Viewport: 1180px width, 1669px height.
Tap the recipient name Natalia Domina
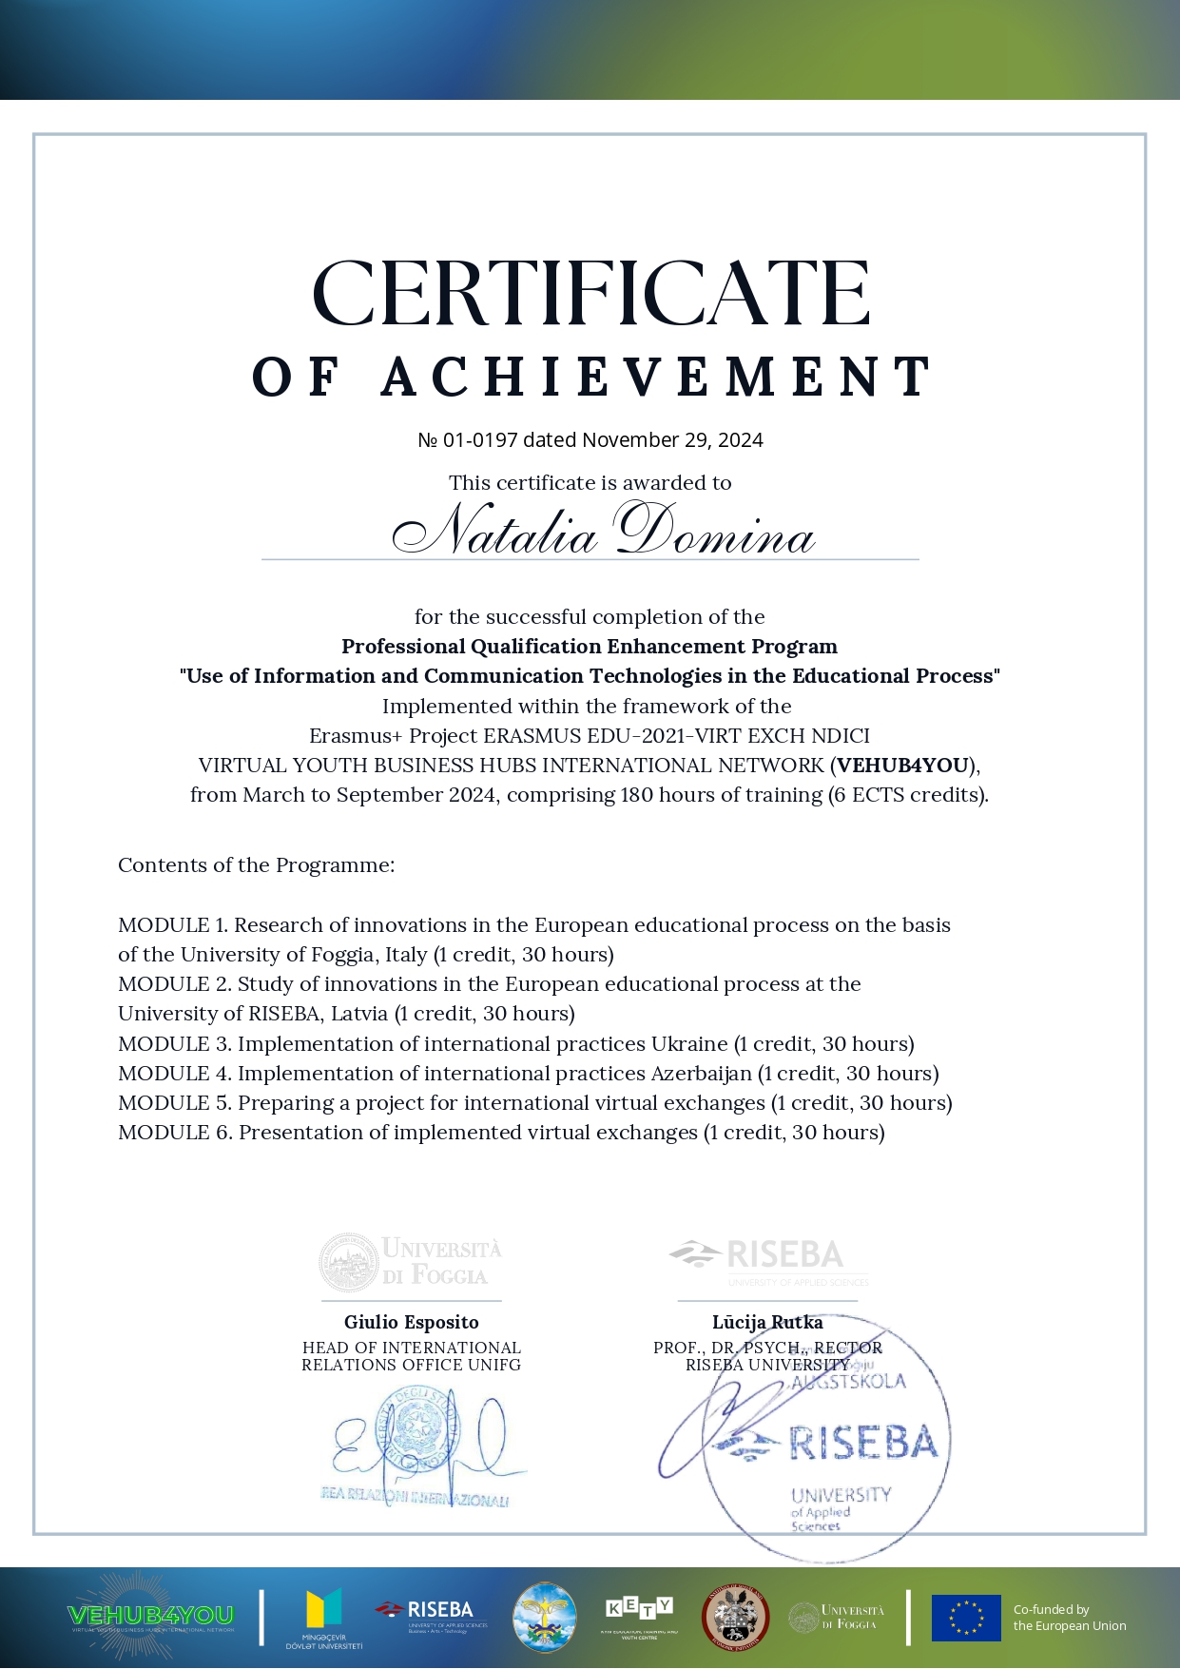pos(603,532)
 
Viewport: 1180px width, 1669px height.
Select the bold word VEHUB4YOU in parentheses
pos(902,766)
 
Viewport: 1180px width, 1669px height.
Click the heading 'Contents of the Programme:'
pos(256,865)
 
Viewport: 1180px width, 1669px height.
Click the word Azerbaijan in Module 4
pos(701,1074)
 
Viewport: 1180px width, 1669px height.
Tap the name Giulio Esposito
pos(412,1322)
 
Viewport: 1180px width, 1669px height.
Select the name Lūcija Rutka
pos(767,1322)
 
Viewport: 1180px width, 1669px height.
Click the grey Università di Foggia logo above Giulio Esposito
pos(411,1262)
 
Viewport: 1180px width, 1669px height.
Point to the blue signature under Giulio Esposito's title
pos(423,1440)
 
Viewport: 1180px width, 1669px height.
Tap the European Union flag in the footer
pos(966,1618)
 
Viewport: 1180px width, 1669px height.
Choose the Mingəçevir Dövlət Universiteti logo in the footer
pos(323,1617)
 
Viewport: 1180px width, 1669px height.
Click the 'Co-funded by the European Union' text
pos(1069,1618)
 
